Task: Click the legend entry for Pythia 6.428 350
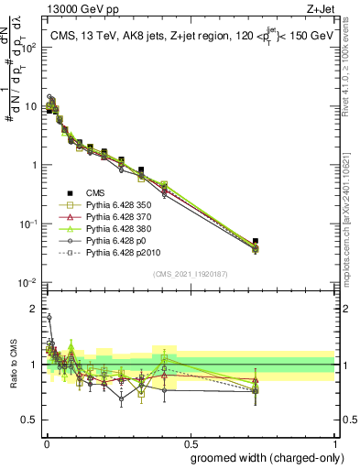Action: coord(114,207)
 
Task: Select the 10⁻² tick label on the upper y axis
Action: coord(27,282)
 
